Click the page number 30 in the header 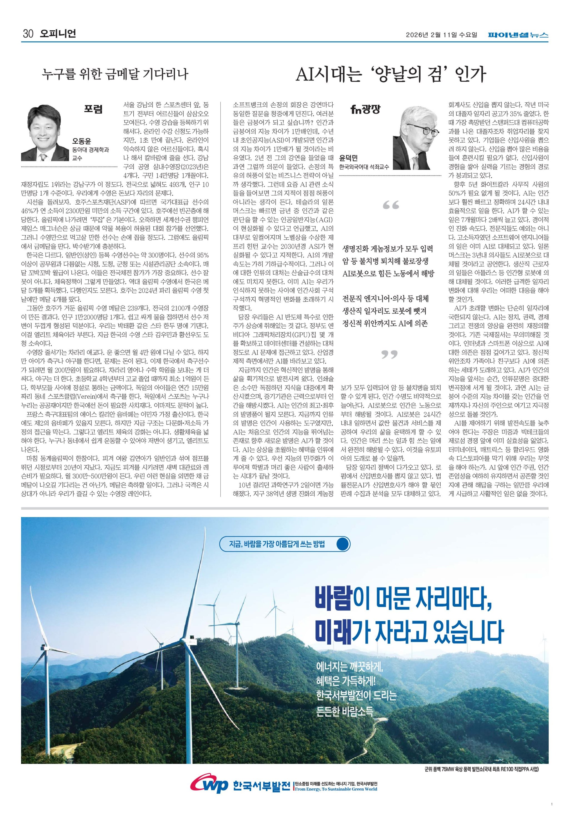(x=28, y=34)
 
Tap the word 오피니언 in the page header (x=58, y=34)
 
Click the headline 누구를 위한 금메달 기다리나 (x=115, y=75)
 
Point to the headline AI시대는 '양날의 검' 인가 (x=391, y=75)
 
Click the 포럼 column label (x=93, y=109)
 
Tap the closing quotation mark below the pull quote (x=389, y=354)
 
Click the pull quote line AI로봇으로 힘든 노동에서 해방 (x=388, y=274)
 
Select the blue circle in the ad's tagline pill (x=343, y=544)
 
